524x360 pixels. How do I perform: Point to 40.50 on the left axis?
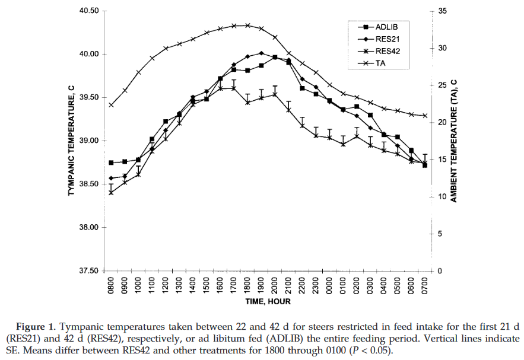88,11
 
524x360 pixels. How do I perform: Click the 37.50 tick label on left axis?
88,271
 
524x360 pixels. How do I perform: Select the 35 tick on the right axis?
442,11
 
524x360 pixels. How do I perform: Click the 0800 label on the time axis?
111,286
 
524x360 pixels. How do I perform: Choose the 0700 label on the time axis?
425,286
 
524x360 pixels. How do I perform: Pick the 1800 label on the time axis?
248,286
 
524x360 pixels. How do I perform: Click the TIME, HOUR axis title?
267,302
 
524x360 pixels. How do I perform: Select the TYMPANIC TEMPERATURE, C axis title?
71,141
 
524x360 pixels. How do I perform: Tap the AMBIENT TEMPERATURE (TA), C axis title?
453,141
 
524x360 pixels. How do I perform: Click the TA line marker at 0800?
111,105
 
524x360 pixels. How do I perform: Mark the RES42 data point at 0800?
111,192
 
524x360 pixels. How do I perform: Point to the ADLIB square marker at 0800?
111,163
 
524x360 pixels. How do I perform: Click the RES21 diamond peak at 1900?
262,53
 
